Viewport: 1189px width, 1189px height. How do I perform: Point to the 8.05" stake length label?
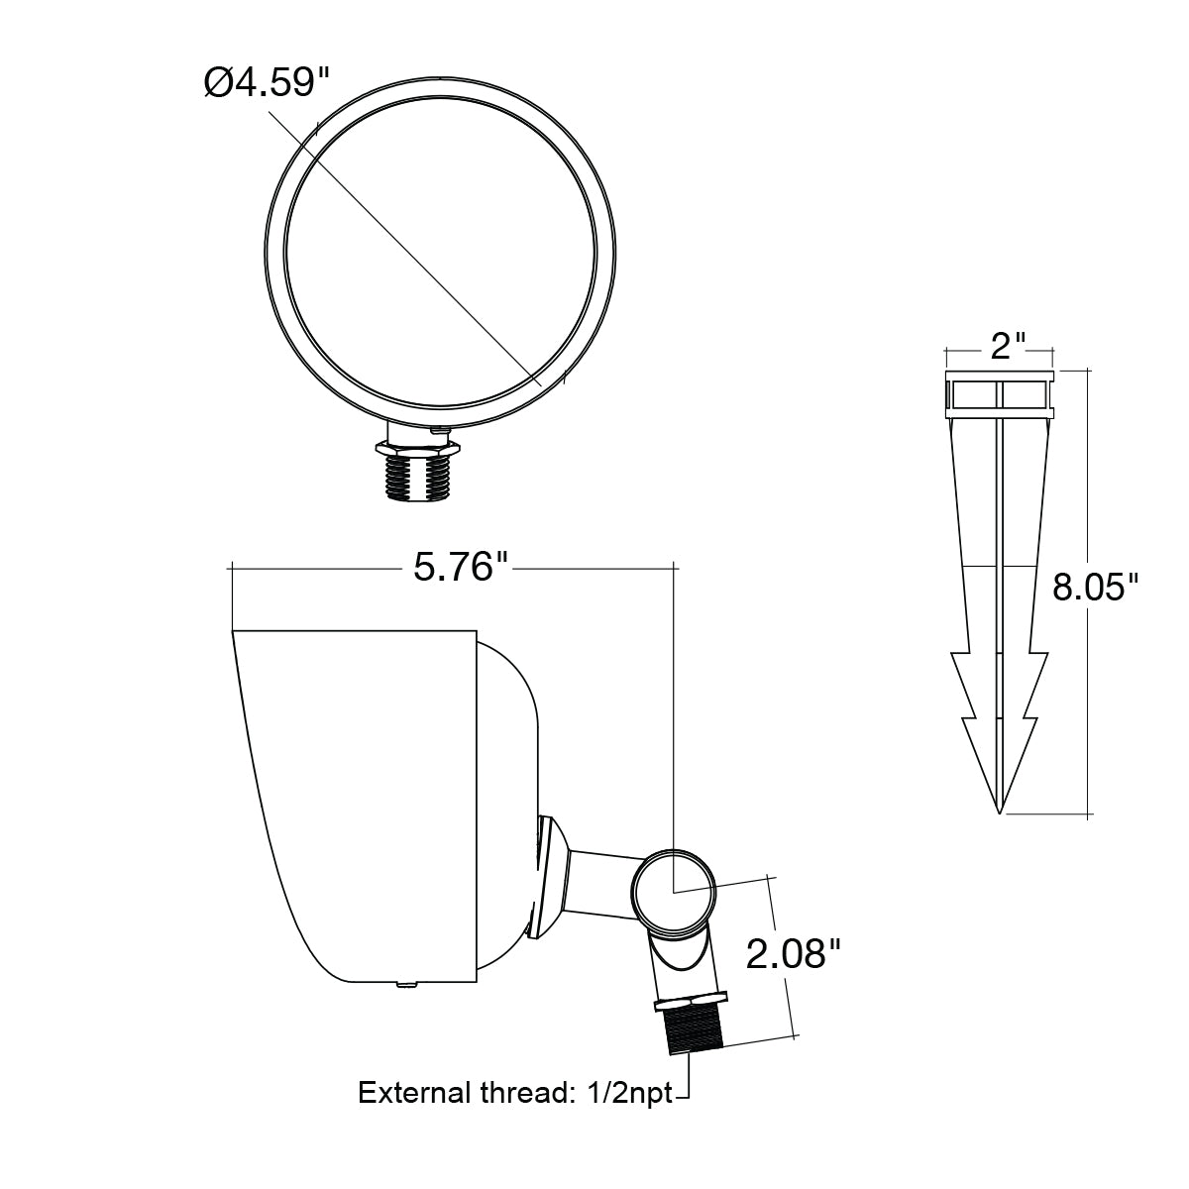tap(1095, 587)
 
